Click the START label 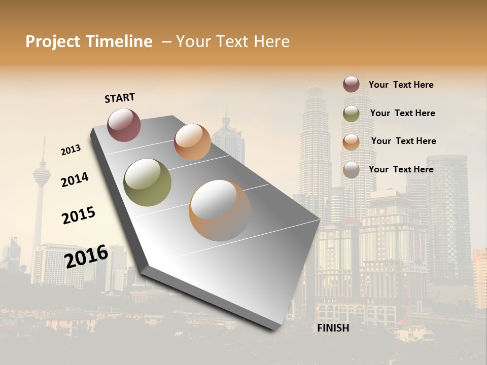click(x=120, y=98)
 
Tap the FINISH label click(x=333, y=328)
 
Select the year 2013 click(x=71, y=150)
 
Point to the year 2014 click(x=75, y=179)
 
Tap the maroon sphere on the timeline click(x=124, y=125)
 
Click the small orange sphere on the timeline click(x=192, y=142)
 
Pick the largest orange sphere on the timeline click(x=219, y=210)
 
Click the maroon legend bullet click(x=351, y=84)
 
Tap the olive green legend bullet click(x=351, y=114)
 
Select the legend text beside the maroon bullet click(x=401, y=85)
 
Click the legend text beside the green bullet click(x=402, y=113)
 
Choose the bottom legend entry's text click(x=401, y=169)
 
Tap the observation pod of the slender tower click(x=42, y=175)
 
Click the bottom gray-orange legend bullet click(x=351, y=170)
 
